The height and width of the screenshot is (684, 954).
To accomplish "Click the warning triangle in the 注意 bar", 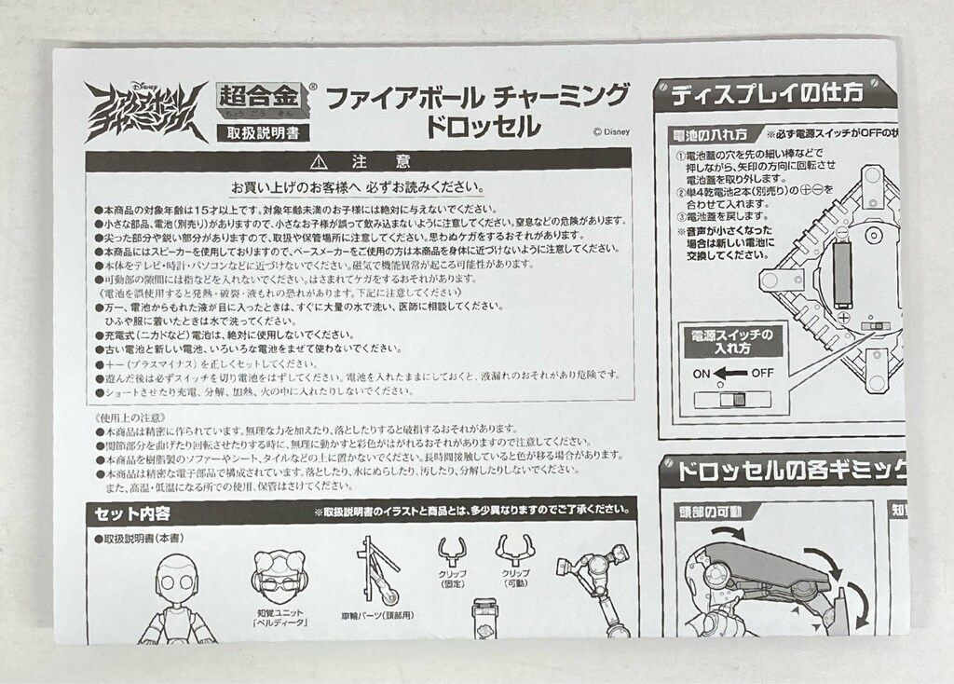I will point(320,161).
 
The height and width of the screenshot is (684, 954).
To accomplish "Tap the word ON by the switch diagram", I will point(702,373).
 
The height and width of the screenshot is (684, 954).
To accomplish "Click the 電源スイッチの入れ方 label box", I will point(730,342).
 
